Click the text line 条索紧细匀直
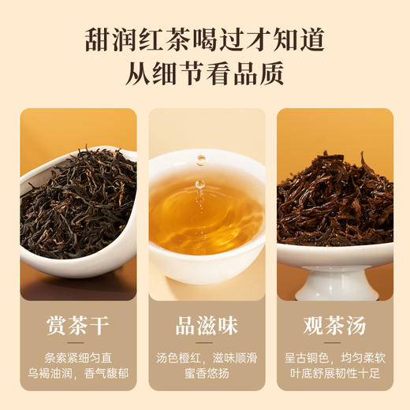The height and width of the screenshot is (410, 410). pos(78,356)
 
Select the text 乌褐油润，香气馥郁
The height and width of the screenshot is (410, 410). pos(78,373)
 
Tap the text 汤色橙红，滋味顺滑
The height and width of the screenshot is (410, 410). pos(206,356)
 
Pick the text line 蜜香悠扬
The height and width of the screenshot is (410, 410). pos(206,373)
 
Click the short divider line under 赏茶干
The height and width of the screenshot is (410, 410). pos(78,343)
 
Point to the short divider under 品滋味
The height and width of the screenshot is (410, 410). pos(206,343)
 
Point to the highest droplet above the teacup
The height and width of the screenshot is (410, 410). pos(201,160)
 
